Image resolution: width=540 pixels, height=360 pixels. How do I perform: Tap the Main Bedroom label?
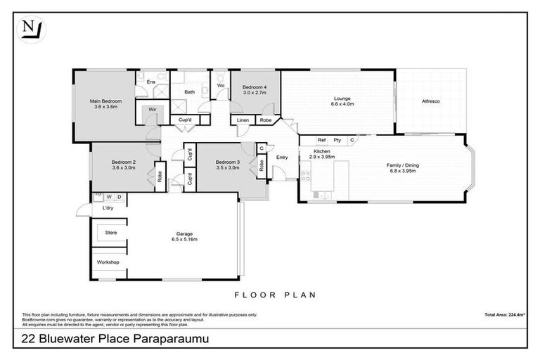coord(103,101)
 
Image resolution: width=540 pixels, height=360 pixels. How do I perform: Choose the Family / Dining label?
coord(402,165)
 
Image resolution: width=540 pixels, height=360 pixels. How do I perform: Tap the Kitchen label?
coord(322,152)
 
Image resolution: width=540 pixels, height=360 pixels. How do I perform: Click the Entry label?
coord(282,157)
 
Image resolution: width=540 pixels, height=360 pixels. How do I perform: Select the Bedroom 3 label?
coord(228,163)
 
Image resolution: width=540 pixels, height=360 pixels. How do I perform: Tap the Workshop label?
coord(109,262)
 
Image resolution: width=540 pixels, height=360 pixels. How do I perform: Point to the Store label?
coord(110,232)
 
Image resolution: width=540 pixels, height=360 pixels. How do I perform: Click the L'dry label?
coord(108,208)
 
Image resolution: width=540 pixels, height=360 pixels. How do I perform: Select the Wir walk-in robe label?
coord(151,110)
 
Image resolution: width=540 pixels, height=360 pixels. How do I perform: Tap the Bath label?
coord(190,92)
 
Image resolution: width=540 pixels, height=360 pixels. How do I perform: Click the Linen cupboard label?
coord(243,120)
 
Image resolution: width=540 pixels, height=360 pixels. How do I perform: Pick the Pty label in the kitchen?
coord(337,140)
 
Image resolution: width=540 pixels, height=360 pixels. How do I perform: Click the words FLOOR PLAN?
coord(274,295)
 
